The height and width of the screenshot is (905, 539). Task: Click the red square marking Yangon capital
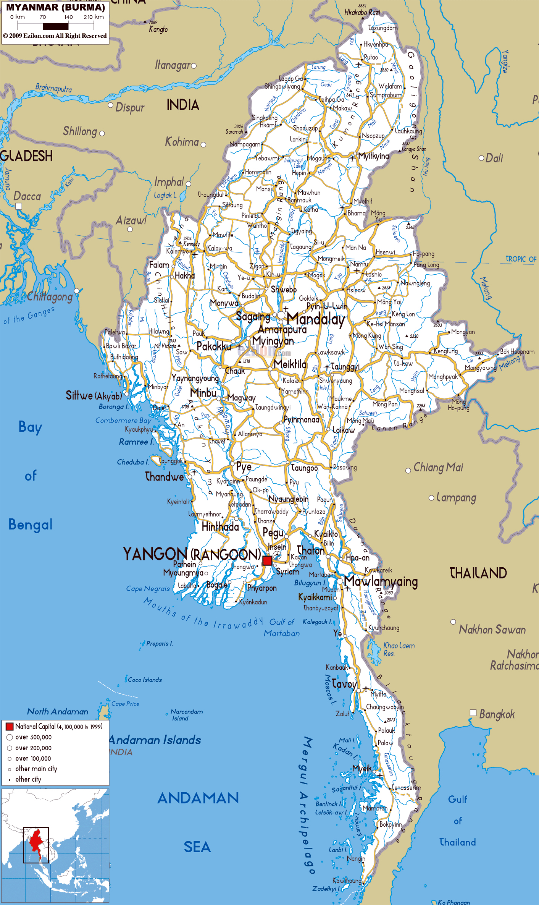(267, 560)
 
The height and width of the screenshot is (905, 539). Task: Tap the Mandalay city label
(316, 319)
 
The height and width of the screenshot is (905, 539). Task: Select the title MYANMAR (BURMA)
(56, 7)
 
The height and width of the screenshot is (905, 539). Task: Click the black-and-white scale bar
(56, 26)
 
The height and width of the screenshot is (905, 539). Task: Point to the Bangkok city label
(497, 714)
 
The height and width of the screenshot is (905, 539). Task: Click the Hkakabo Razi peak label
(362, 13)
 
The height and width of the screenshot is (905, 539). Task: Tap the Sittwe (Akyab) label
(94, 395)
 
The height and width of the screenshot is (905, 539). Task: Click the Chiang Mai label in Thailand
(438, 467)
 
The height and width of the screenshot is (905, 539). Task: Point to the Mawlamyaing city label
(381, 581)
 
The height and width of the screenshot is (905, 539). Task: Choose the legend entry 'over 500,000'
(33, 737)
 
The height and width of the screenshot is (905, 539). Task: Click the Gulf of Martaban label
(282, 628)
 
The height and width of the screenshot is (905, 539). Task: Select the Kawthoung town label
(347, 881)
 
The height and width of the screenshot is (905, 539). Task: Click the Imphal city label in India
(169, 182)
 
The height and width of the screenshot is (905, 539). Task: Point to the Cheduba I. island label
(132, 462)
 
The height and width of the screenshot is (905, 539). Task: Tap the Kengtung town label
(445, 351)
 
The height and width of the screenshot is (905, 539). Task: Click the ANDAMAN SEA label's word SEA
(197, 847)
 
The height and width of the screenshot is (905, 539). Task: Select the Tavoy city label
(344, 683)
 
